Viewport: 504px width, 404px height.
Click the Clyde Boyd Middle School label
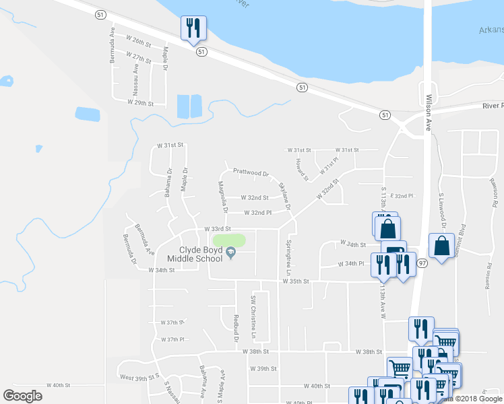pos(200,253)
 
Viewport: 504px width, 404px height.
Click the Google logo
pos(23,396)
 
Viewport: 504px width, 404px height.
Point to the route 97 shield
pos(422,262)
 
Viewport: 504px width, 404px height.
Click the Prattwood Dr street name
pos(251,172)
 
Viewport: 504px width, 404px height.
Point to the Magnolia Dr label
pos(222,196)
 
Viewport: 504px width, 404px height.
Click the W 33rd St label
pos(218,229)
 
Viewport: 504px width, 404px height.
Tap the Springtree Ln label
pos(289,257)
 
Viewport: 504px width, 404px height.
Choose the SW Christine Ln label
pos(254,316)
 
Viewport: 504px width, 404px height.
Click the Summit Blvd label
pos(462,237)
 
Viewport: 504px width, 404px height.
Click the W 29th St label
pos(141,103)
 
